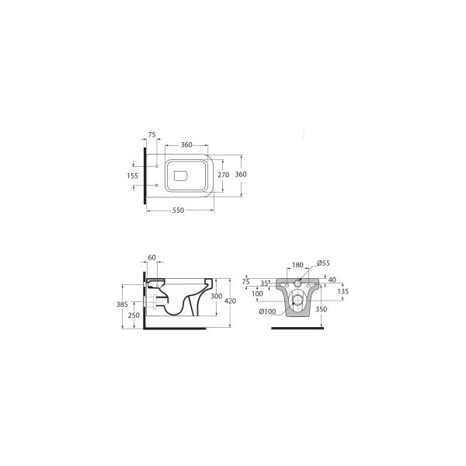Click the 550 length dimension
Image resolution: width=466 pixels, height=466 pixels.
(179, 210)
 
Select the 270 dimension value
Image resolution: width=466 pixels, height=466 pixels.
(224, 175)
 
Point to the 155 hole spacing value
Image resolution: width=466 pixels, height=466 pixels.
(133, 176)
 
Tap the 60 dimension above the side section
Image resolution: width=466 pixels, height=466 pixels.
(152, 258)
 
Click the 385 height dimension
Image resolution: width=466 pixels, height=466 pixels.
(122, 304)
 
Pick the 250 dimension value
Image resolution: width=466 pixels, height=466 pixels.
(134, 315)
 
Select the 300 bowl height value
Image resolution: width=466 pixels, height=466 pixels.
(217, 297)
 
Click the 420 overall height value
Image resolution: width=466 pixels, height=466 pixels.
(231, 301)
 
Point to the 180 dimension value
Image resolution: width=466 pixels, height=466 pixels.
(297, 265)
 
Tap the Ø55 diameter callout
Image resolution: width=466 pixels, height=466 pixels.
(323, 263)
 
